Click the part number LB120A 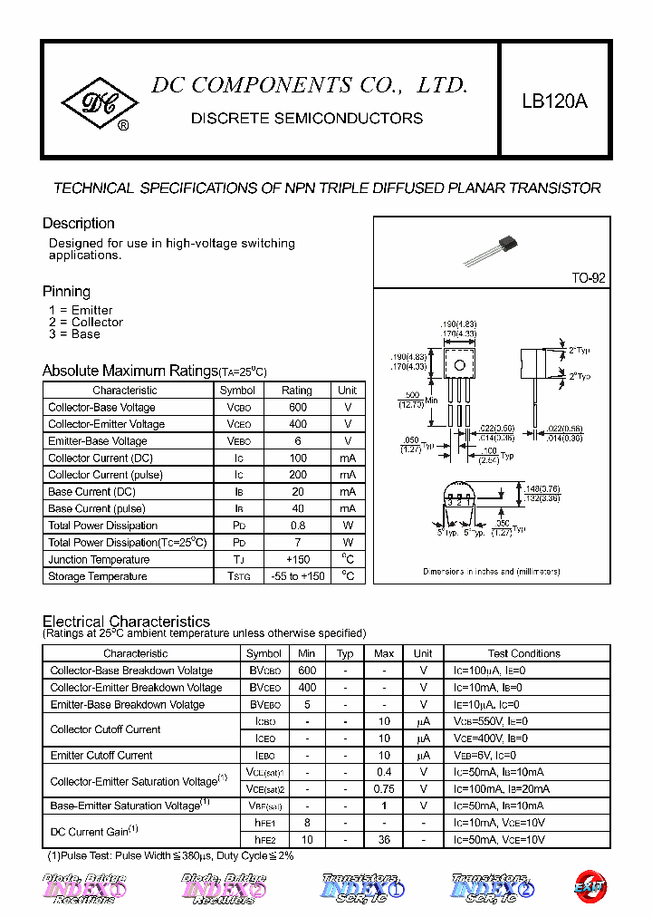(554, 102)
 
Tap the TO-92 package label (588, 278)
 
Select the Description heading (79, 224)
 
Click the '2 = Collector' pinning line (86, 323)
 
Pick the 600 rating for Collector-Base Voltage (297, 408)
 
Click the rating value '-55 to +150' (297, 576)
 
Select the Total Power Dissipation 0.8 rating (297, 526)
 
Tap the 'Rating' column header (297, 391)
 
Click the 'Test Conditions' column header (523, 653)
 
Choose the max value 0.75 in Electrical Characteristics (384, 789)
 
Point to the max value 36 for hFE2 (384, 840)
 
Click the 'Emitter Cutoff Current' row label (101, 756)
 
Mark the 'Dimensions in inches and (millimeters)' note (492, 572)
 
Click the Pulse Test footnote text (170, 856)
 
